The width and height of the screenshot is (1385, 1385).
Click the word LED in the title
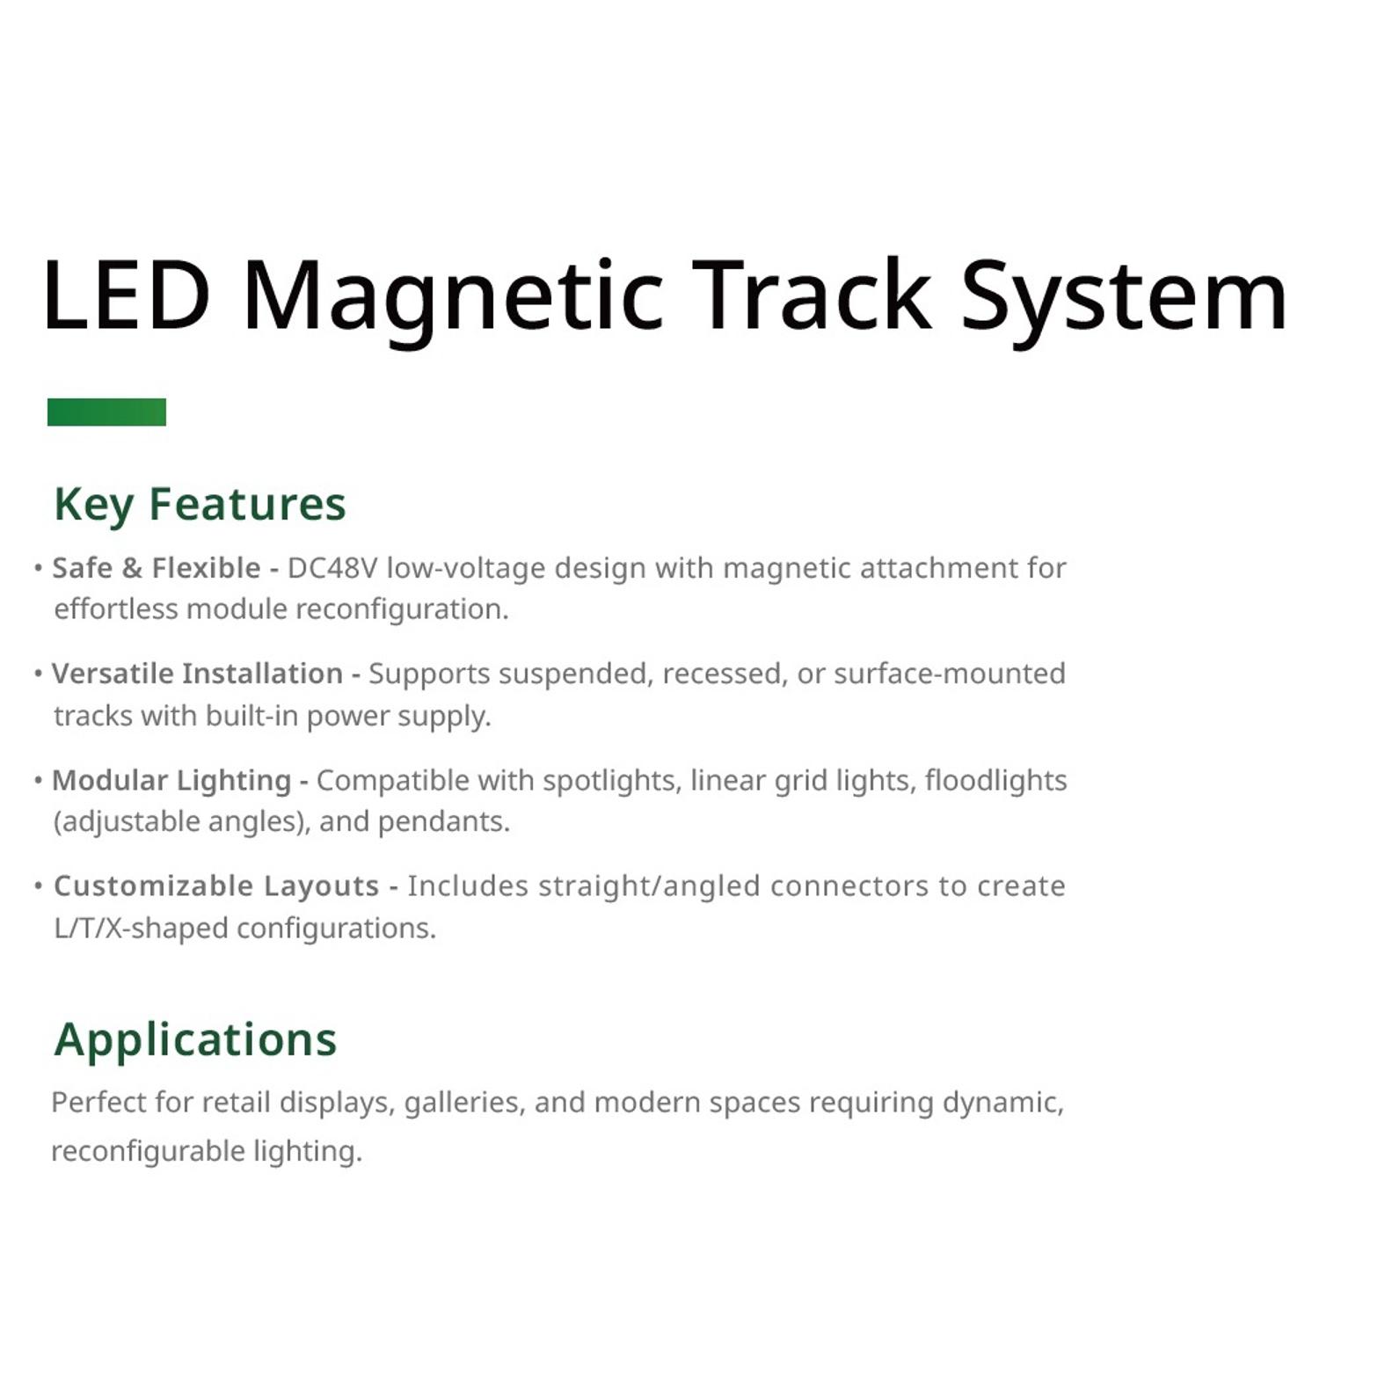point(127,295)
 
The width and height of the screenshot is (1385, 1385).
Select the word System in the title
point(1124,303)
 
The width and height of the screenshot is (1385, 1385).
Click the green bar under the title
point(106,412)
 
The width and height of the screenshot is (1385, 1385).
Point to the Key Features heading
point(200,505)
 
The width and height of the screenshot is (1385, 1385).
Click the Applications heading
point(195,1040)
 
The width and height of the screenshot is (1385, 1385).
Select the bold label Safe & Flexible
point(157,568)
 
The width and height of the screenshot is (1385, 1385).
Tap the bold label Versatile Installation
point(197,674)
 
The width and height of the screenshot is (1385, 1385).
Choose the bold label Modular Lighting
point(171,781)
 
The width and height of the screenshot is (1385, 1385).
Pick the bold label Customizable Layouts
point(216,886)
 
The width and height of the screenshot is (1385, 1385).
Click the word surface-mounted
point(950,674)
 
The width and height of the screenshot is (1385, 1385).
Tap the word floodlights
point(995,781)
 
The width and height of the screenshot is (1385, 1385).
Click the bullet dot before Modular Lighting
point(38,780)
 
